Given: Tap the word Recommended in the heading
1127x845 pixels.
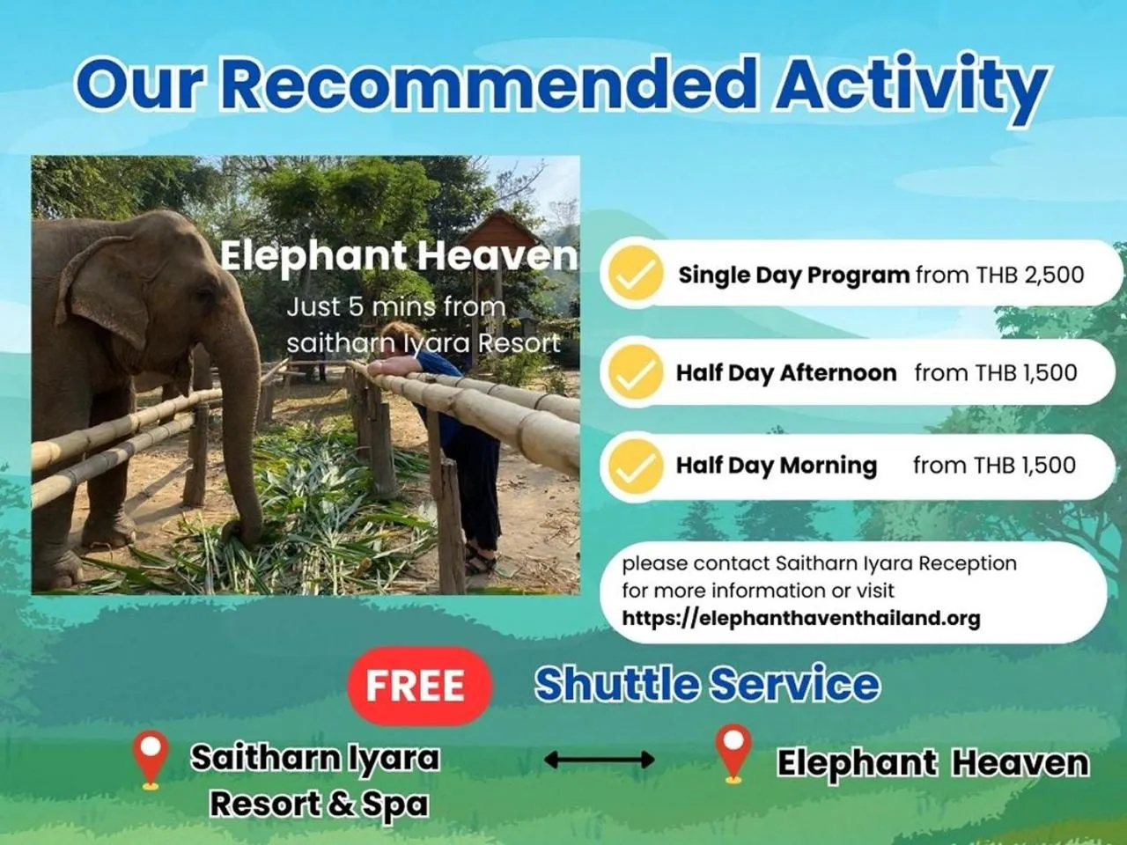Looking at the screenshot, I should click(489, 84).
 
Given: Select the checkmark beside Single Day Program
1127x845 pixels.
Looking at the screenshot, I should click(634, 274).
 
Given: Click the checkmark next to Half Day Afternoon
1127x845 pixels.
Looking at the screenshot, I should click(634, 372).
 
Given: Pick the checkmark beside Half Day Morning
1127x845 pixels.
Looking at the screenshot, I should click(634, 466).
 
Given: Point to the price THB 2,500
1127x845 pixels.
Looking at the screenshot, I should click(1029, 275).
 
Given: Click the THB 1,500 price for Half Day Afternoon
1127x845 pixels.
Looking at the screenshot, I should click(1023, 373).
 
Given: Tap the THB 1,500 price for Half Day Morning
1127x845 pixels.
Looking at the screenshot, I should click(1022, 466).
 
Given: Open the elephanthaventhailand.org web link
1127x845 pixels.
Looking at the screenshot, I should click(800, 618).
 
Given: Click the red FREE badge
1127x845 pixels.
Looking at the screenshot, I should click(416, 686).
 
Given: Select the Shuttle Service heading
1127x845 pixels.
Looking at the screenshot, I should click(707, 684).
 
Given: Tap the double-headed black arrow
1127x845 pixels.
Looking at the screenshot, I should click(599, 760).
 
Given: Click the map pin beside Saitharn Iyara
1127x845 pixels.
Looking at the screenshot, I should click(150, 760).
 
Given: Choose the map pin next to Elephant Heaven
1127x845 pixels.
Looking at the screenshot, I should click(733, 753).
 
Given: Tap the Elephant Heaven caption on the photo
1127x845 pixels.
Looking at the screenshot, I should click(398, 256).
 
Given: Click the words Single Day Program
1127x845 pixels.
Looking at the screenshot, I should click(793, 275).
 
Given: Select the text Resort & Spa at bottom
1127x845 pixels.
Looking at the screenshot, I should click(319, 804).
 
